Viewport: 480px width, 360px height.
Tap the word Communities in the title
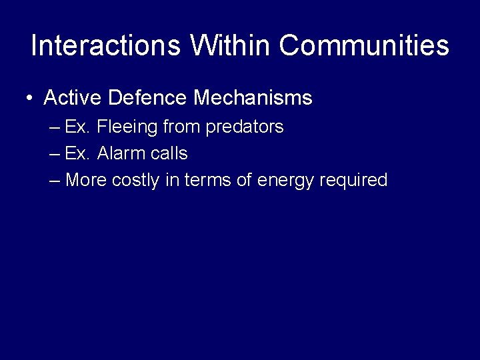(x=364, y=45)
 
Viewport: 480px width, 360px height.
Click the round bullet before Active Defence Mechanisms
(x=31, y=99)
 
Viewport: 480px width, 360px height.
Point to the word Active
(x=72, y=98)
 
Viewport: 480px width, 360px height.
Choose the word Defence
(x=147, y=98)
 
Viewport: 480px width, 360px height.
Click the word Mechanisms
(x=253, y=98)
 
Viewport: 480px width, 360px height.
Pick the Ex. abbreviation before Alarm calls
(x=77, y=153)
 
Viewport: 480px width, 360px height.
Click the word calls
(x=169, y=153)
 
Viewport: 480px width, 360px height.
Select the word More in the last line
(x=87, y=180)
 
